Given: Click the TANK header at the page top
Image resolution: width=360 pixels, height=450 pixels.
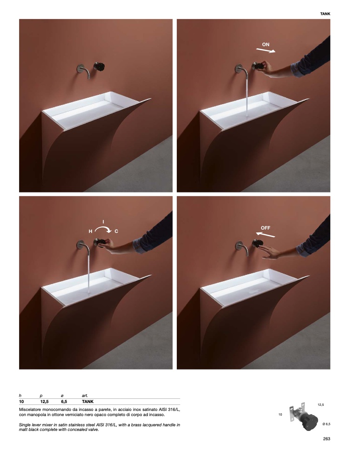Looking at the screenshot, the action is [x=325, y=14].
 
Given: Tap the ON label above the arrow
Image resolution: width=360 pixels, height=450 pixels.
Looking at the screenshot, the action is [x=266, y=45].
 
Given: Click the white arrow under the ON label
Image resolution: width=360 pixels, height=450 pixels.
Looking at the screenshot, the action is [x=266, y=51].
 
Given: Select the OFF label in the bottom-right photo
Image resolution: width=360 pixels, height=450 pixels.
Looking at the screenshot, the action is [x=265, y=228].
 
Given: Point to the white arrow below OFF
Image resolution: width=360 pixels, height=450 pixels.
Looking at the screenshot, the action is [x=265, y=234].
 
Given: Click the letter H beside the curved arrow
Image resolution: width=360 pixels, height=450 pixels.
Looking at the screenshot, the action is [x=90, y=232].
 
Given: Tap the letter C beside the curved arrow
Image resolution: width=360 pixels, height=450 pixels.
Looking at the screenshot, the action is [x=116, y=232].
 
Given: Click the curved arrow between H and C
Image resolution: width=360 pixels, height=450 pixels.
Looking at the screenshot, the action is [x=104, y=228].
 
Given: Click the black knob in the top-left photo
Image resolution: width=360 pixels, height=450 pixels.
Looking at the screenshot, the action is [x=99, y=66].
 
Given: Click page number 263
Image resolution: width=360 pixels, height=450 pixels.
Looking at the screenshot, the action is [x=327, y=438].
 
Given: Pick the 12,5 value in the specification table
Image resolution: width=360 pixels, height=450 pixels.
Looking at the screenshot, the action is [x=44, y=402].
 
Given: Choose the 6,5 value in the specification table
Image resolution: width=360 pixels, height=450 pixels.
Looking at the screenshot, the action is [x=64, y=402].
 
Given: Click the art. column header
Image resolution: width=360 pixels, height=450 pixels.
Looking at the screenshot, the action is [x=85, y=396].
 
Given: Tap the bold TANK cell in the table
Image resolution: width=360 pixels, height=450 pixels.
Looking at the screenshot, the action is [x=87, y=402].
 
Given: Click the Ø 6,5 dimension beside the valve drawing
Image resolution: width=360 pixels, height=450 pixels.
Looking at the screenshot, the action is [x=326, y=424].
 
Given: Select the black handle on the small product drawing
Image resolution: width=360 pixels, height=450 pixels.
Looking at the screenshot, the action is [x=310, y=423].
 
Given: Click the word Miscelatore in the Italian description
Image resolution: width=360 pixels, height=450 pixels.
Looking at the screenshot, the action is [x=30, y=410].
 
